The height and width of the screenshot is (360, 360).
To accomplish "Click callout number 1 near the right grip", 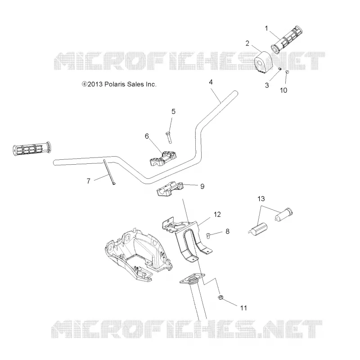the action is coord(266,28).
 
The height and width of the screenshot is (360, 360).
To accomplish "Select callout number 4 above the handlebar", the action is coord(211,82).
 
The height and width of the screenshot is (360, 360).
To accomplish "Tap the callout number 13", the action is coord(261,198).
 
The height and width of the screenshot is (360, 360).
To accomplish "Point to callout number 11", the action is coord(243,308).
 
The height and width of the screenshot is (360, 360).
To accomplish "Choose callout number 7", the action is coord(88,181).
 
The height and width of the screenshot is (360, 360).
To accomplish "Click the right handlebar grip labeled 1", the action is coord(287,40).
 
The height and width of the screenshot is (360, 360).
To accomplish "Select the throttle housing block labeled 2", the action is coord(263,63).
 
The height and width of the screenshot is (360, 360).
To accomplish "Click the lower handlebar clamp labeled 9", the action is coord(170,189).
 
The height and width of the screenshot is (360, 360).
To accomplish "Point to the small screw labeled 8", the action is coord(208,235).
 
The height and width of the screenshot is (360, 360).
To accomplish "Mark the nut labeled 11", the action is coord(220,297).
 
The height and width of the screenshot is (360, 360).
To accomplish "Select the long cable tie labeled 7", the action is coord(109,172).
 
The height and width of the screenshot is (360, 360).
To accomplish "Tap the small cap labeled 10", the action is coord(287,72).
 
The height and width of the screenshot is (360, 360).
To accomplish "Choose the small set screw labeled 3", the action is coord(279,69).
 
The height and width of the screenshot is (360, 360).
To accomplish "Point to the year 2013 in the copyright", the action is coord(95,84).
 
